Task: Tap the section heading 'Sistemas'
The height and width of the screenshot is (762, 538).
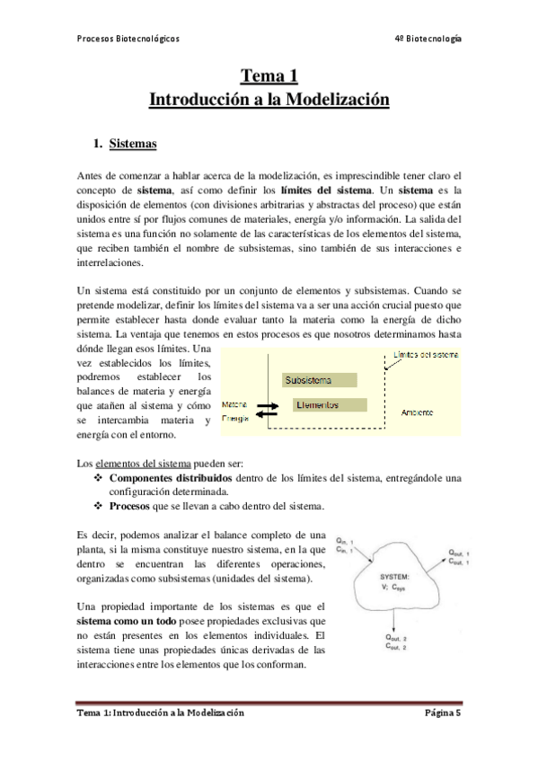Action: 132,144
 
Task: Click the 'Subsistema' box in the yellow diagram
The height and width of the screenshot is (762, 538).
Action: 307,380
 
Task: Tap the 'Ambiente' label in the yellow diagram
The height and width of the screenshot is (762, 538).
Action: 419,412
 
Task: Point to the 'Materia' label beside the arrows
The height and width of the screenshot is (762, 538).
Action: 235,405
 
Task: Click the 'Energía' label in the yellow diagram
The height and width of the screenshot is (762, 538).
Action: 235,419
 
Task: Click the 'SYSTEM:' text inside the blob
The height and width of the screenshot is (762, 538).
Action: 395,574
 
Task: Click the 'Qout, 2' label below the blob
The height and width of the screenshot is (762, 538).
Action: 395,640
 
